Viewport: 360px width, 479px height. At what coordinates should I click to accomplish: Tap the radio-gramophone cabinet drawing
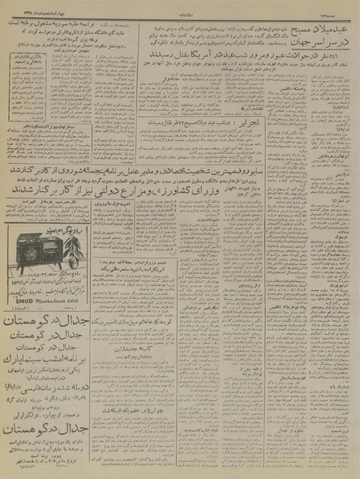click(x=36, y=243)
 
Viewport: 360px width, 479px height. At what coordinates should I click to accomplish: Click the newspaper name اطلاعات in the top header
click(x=180, y=5)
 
